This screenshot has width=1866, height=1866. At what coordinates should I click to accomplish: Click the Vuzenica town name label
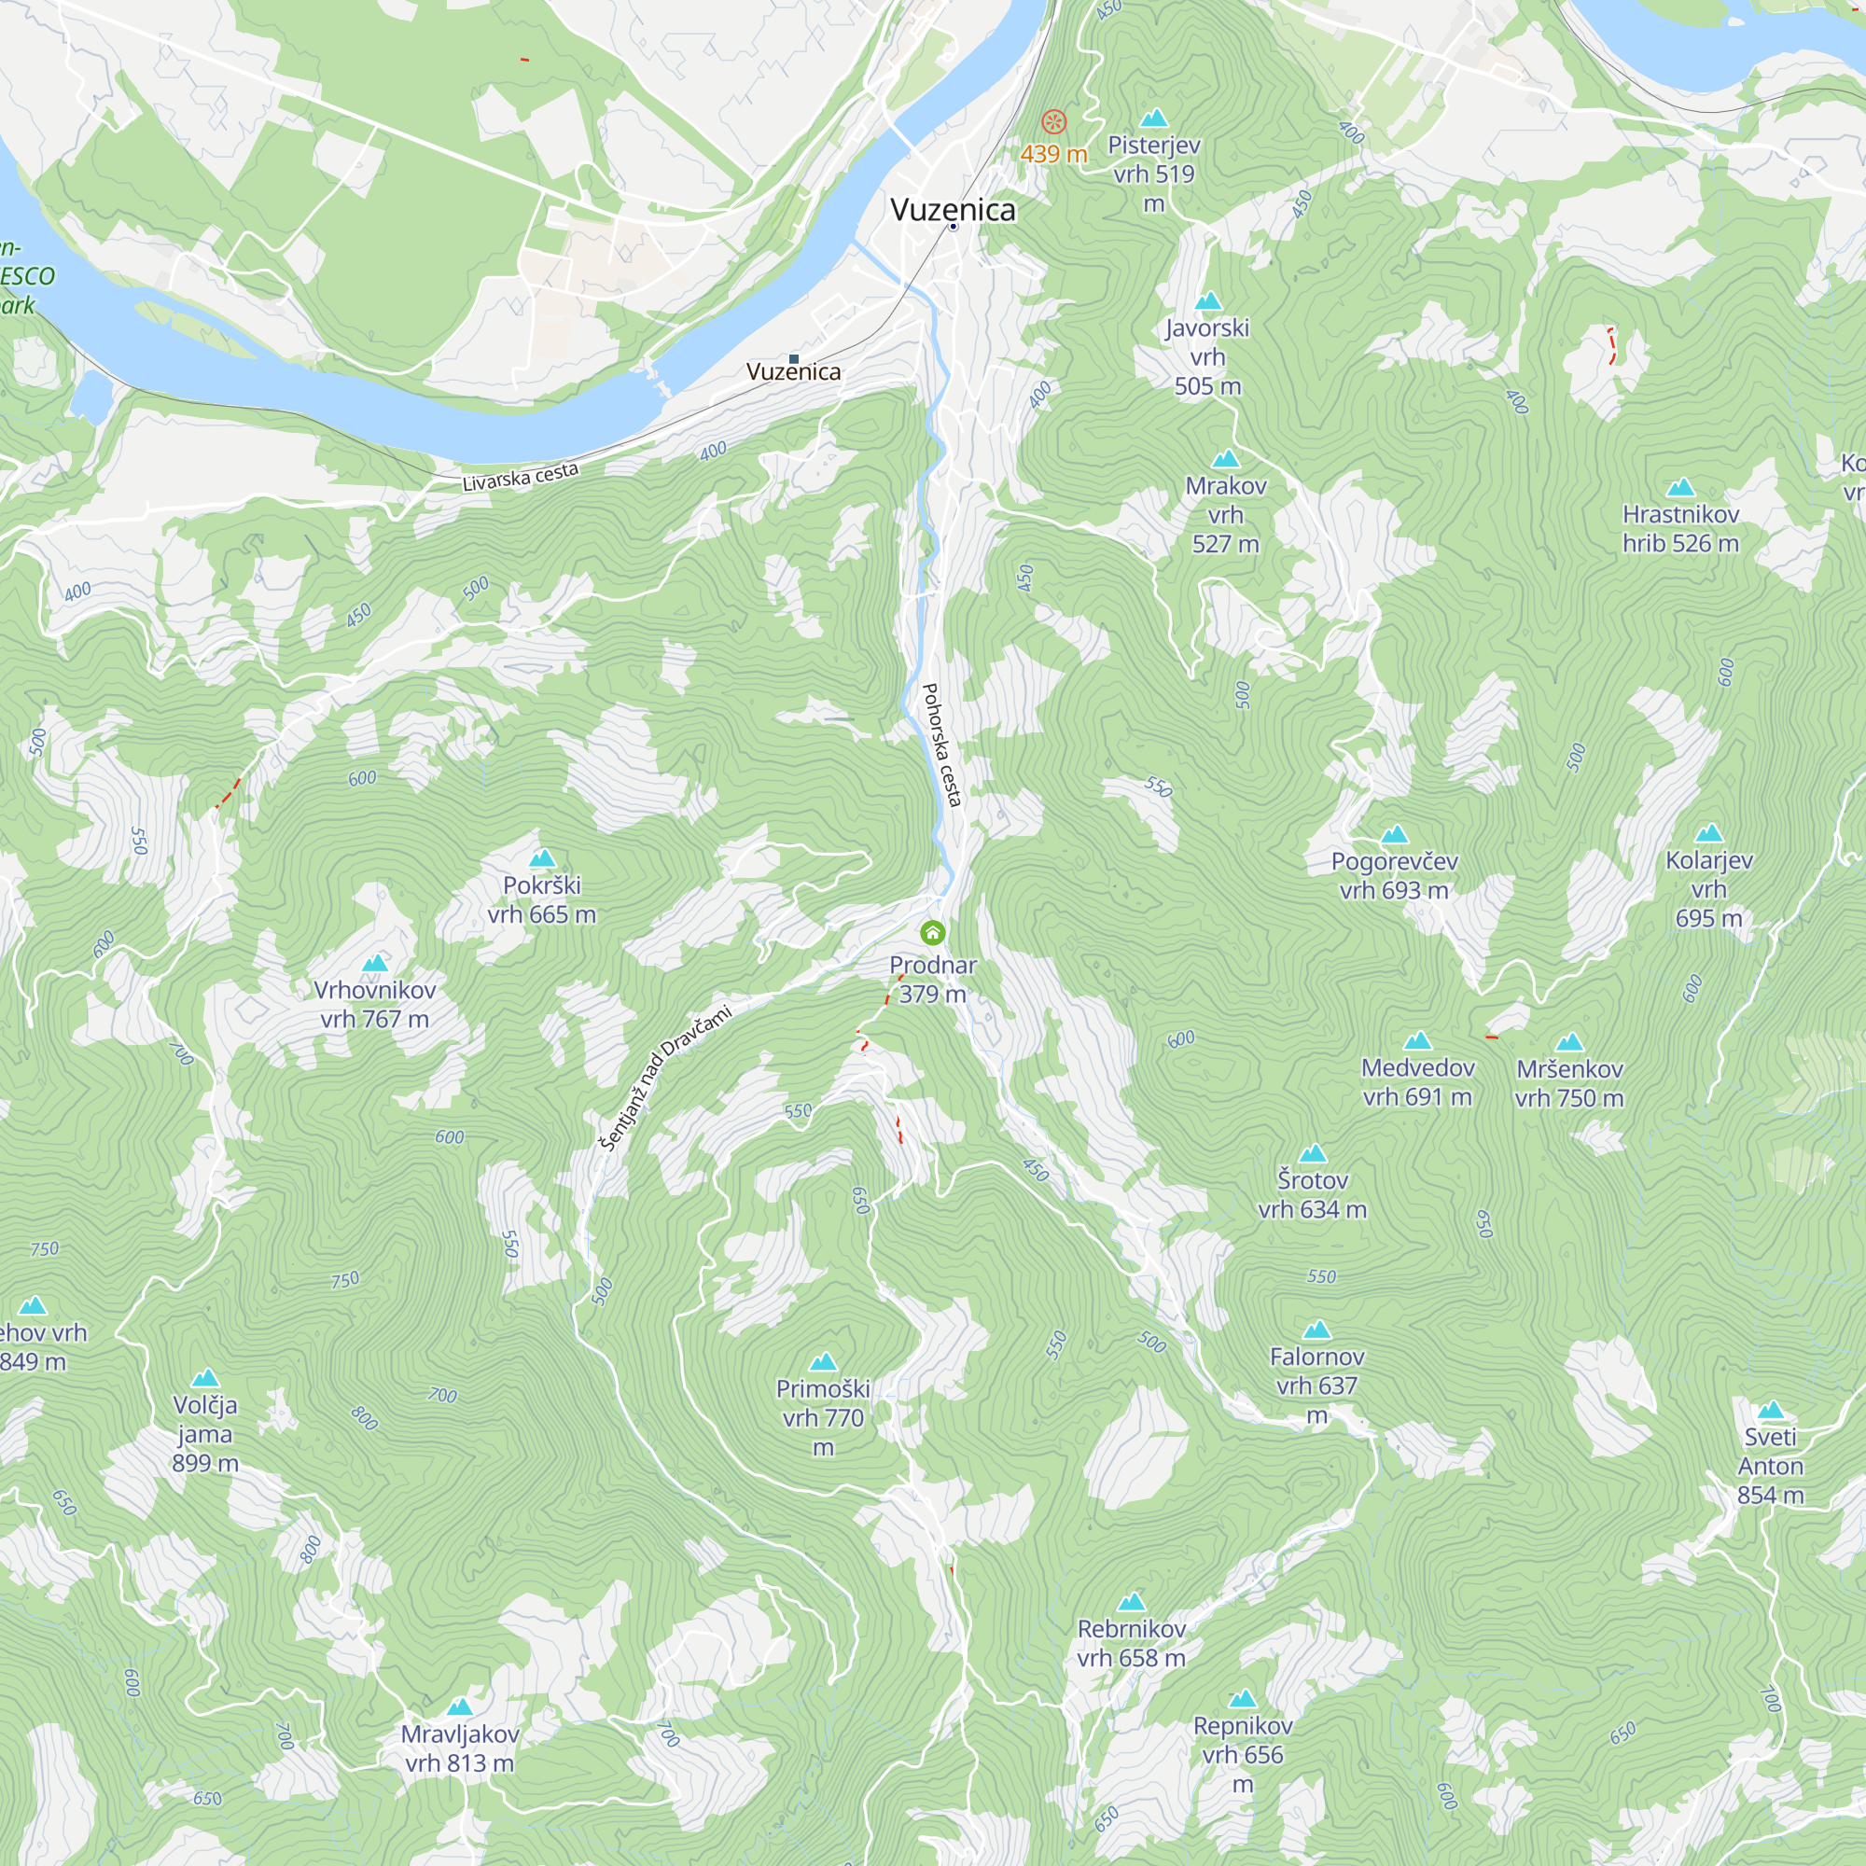point(953,210)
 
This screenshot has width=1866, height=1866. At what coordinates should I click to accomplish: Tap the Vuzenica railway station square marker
point(794,358)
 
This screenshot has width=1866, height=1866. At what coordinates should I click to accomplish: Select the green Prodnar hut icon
point(932,932)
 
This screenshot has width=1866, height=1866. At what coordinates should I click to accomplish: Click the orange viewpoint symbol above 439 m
point(1053,122)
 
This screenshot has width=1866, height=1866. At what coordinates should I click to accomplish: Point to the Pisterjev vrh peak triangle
point(1154,118)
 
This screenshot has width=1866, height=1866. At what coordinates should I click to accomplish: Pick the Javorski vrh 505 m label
point(1207,356)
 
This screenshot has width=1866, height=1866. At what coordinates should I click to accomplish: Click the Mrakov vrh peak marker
point(1226,459)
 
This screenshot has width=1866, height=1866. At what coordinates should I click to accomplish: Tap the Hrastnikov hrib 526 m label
point(1680,528)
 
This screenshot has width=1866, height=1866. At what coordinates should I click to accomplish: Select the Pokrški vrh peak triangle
point(542,857)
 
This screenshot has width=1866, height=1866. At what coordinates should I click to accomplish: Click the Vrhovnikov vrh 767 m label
point(375,1004)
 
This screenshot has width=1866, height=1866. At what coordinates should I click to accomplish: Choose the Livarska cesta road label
point(520,476)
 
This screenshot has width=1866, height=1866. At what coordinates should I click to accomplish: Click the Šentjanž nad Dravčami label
point(665,1077)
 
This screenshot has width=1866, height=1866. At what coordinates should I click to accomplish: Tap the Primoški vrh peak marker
point(823,1362)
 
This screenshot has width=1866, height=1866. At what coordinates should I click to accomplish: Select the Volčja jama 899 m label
point(204,1433)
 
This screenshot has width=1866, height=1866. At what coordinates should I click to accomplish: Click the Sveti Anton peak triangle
point(1771,1410)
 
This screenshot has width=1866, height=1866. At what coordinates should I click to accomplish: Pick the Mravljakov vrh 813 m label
point(460,1748)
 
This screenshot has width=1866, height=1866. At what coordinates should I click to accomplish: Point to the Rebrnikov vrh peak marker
point(1131,1602)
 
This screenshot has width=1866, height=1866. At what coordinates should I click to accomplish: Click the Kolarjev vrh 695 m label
point(1708,888)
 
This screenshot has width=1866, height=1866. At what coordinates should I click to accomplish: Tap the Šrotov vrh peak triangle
point(1313,1153)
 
